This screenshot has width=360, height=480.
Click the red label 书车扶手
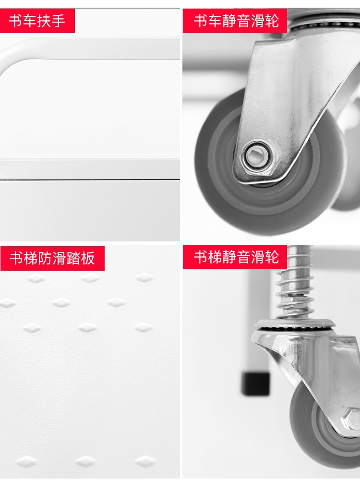pyautogui.click(x=37, y=21)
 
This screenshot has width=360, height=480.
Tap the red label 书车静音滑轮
pyautogui.click(x=235, y=21)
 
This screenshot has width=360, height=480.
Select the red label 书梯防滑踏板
pyautogui.click(x=52, y=258)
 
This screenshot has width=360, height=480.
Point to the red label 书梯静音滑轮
pyautogui.click(x=235, y=257)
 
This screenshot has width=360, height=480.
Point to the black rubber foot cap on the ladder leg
pyautogui.click(x=256, y=384)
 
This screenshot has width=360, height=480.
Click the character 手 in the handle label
pyautogui.click(x=58, y=21)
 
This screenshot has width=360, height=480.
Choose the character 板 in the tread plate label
pyautogui.click(x=88, y=258)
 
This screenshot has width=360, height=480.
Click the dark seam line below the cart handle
pyautogui.click(x=90, y=180)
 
